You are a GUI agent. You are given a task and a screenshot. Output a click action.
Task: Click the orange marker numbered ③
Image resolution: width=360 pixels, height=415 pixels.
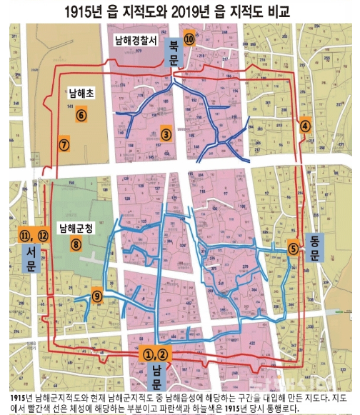(166, 134)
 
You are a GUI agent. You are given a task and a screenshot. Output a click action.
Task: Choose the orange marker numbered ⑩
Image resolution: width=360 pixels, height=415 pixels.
(188, 40)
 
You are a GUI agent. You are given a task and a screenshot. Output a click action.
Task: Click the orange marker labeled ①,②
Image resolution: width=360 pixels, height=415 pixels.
(155, 352)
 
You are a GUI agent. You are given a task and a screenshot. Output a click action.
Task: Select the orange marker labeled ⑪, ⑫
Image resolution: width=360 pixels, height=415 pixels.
(34, 234)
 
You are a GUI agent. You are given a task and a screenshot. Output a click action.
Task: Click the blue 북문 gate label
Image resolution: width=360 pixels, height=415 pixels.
(172, 52)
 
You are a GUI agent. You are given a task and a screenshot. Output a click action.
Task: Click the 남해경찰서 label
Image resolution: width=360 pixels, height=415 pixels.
(135, 41)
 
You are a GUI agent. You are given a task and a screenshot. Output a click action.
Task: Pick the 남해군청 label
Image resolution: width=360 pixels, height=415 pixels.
(76, 229)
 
